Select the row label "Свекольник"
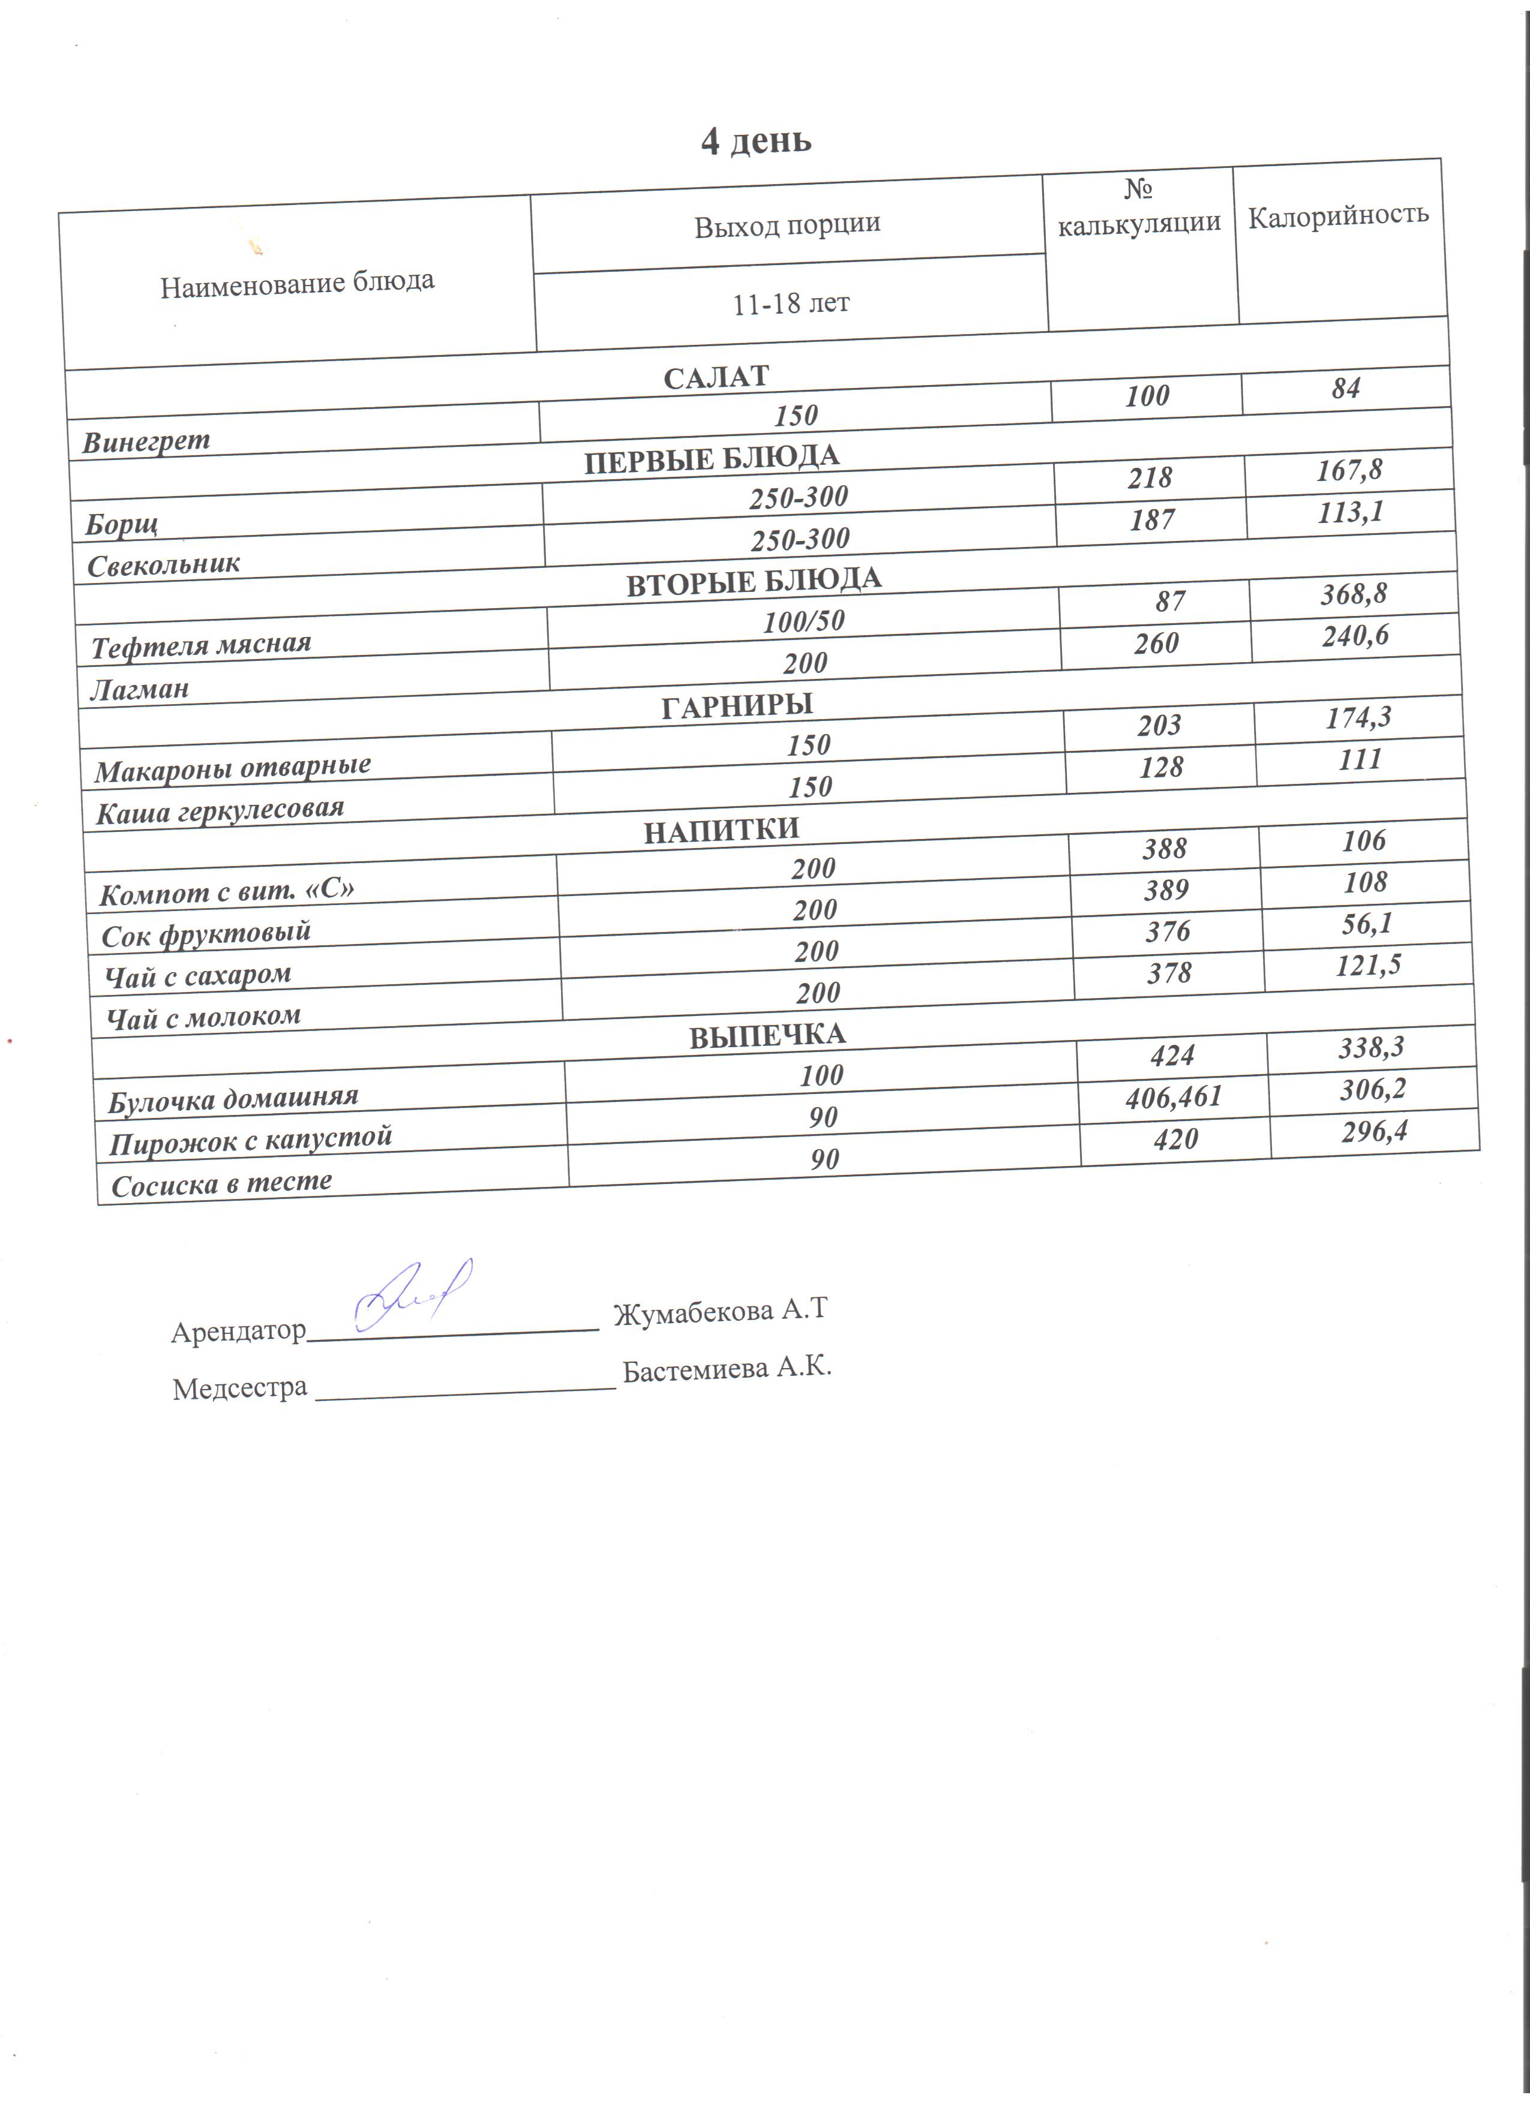(163, 564)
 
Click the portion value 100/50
(803, 621)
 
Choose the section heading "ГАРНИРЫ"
(737, 706)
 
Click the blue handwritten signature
(415, 1295)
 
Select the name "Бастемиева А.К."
(727, 1369)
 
